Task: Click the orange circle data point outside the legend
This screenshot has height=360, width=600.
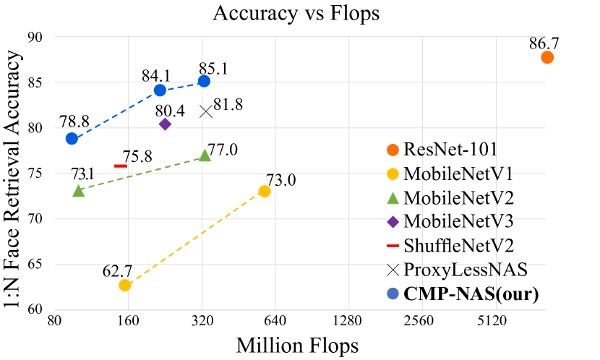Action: (547, 57)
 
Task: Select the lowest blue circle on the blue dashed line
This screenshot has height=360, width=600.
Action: (72, 139)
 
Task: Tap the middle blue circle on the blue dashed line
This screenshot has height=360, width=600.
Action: (160, 90)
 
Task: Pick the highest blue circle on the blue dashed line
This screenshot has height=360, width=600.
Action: (204, 81)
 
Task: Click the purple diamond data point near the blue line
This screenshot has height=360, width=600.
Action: (165, 124)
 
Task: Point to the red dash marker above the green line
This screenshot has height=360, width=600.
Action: (121, 166)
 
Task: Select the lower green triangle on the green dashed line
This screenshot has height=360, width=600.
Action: (78, 191)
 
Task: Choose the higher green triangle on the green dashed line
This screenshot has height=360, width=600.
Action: (205, 155)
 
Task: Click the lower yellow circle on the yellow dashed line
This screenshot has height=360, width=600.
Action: (125, 286)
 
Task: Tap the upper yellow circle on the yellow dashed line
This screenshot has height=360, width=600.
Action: (265, 191)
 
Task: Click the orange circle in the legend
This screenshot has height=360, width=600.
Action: (393, 150)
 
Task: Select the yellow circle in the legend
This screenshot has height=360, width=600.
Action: (393, 173)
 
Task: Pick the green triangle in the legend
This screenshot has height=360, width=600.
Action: (393, 198)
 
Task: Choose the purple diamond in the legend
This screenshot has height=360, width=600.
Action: (393, 222)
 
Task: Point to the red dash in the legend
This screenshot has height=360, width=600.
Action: (393, 246)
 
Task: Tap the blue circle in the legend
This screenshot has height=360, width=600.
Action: (393, 293)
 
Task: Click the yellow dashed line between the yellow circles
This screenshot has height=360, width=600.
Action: (195, 238)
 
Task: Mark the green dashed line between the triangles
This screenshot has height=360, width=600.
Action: (141, 173)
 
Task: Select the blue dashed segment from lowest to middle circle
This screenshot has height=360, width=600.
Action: (116, 114)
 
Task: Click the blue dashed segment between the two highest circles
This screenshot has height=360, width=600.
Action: (182, 85)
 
